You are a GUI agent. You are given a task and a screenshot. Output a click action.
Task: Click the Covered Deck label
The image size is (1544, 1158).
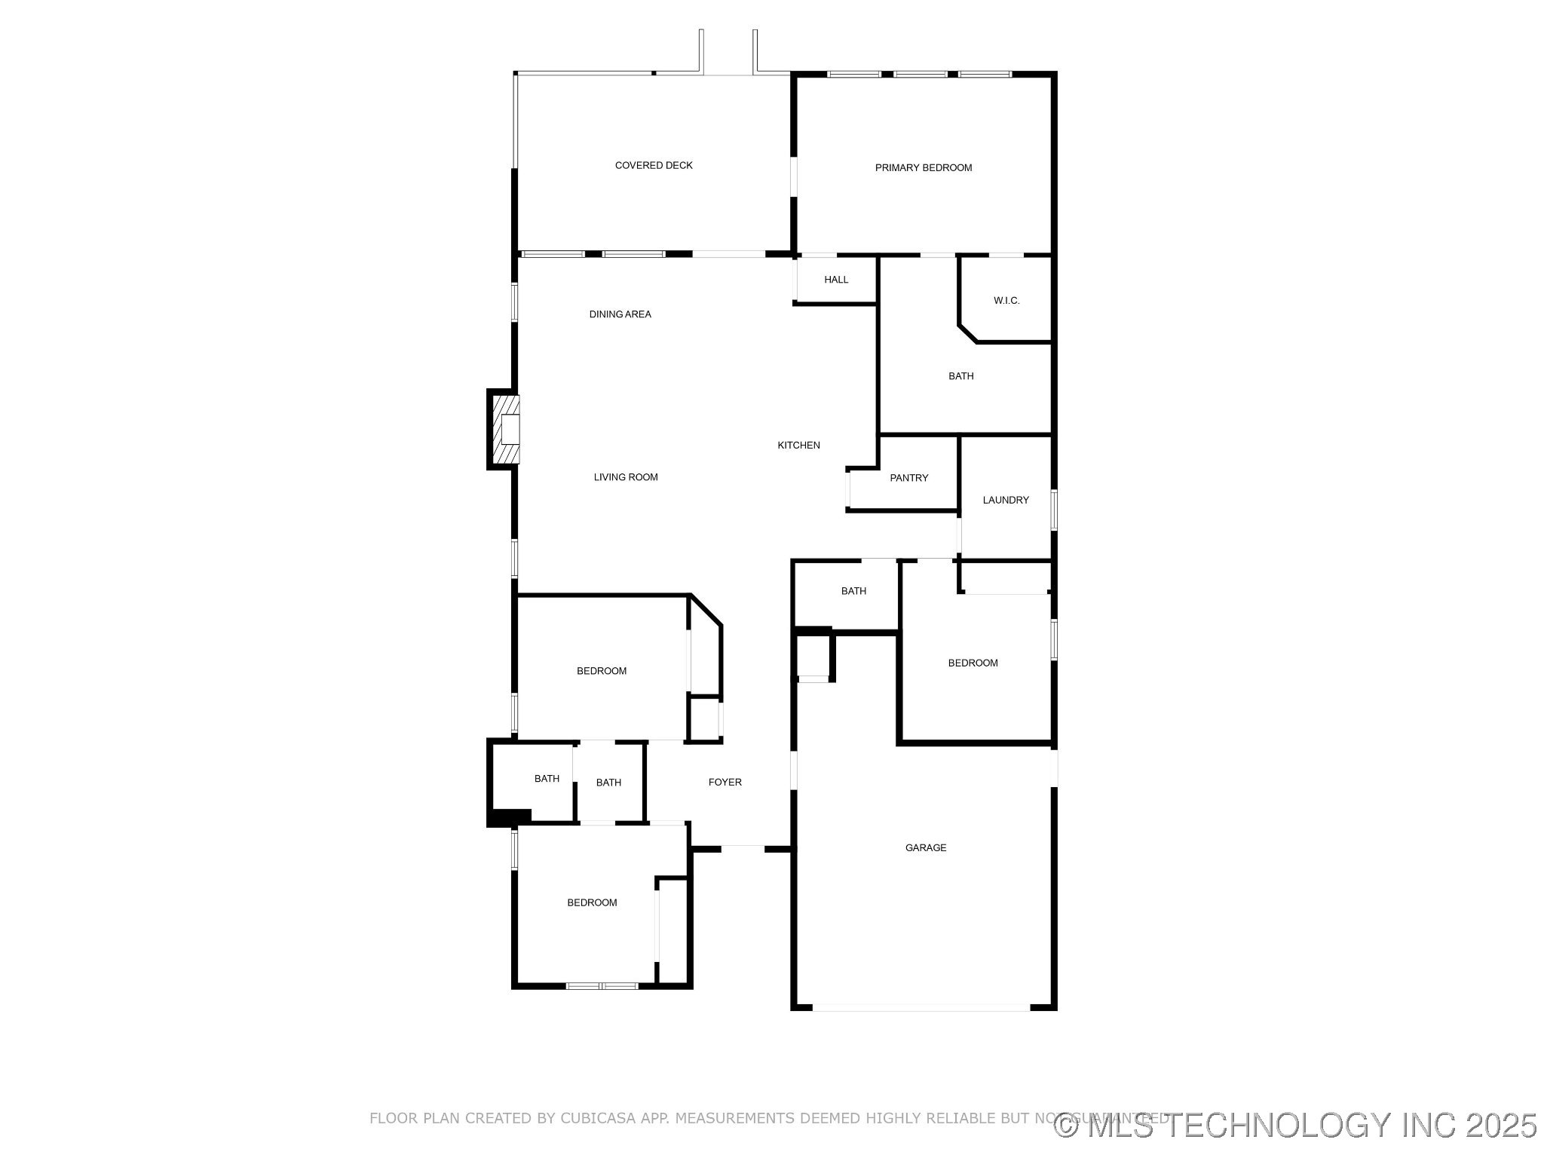tap(654, 166)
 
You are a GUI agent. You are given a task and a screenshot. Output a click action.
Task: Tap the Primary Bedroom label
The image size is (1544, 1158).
tap(923, 168)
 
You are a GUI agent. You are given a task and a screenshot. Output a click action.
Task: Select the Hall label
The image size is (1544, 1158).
tap(836, 280)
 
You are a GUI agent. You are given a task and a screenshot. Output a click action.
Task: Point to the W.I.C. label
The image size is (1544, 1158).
tap(1006, 301)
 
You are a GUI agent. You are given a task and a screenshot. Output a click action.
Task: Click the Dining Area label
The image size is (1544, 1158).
tap(620, 314)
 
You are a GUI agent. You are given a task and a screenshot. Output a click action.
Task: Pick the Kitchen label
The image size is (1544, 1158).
tap(798, 446)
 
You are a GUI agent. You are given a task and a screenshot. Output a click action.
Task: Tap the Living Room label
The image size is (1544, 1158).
tap(626, 477)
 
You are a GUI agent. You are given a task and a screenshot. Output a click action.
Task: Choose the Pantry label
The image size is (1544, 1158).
tap(908, 478)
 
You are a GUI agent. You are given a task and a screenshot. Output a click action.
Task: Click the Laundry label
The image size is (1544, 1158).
tap(1006, 501)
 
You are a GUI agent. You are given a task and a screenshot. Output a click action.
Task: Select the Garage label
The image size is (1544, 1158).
tap(926, 848)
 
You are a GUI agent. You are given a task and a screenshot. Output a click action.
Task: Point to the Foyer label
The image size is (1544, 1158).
tap(725, 783)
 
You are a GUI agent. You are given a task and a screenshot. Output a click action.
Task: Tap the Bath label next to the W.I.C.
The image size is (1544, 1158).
tap(960, 376)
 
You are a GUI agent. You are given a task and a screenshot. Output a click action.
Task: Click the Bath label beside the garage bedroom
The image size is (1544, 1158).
tap(853, 591)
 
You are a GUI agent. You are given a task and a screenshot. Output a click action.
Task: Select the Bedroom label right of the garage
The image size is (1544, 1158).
tap(973, 663)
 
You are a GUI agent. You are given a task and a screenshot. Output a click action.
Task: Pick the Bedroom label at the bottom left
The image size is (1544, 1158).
tap(592, 903)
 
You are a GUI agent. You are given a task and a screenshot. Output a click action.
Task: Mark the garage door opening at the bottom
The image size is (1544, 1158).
tap(921, 1007)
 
